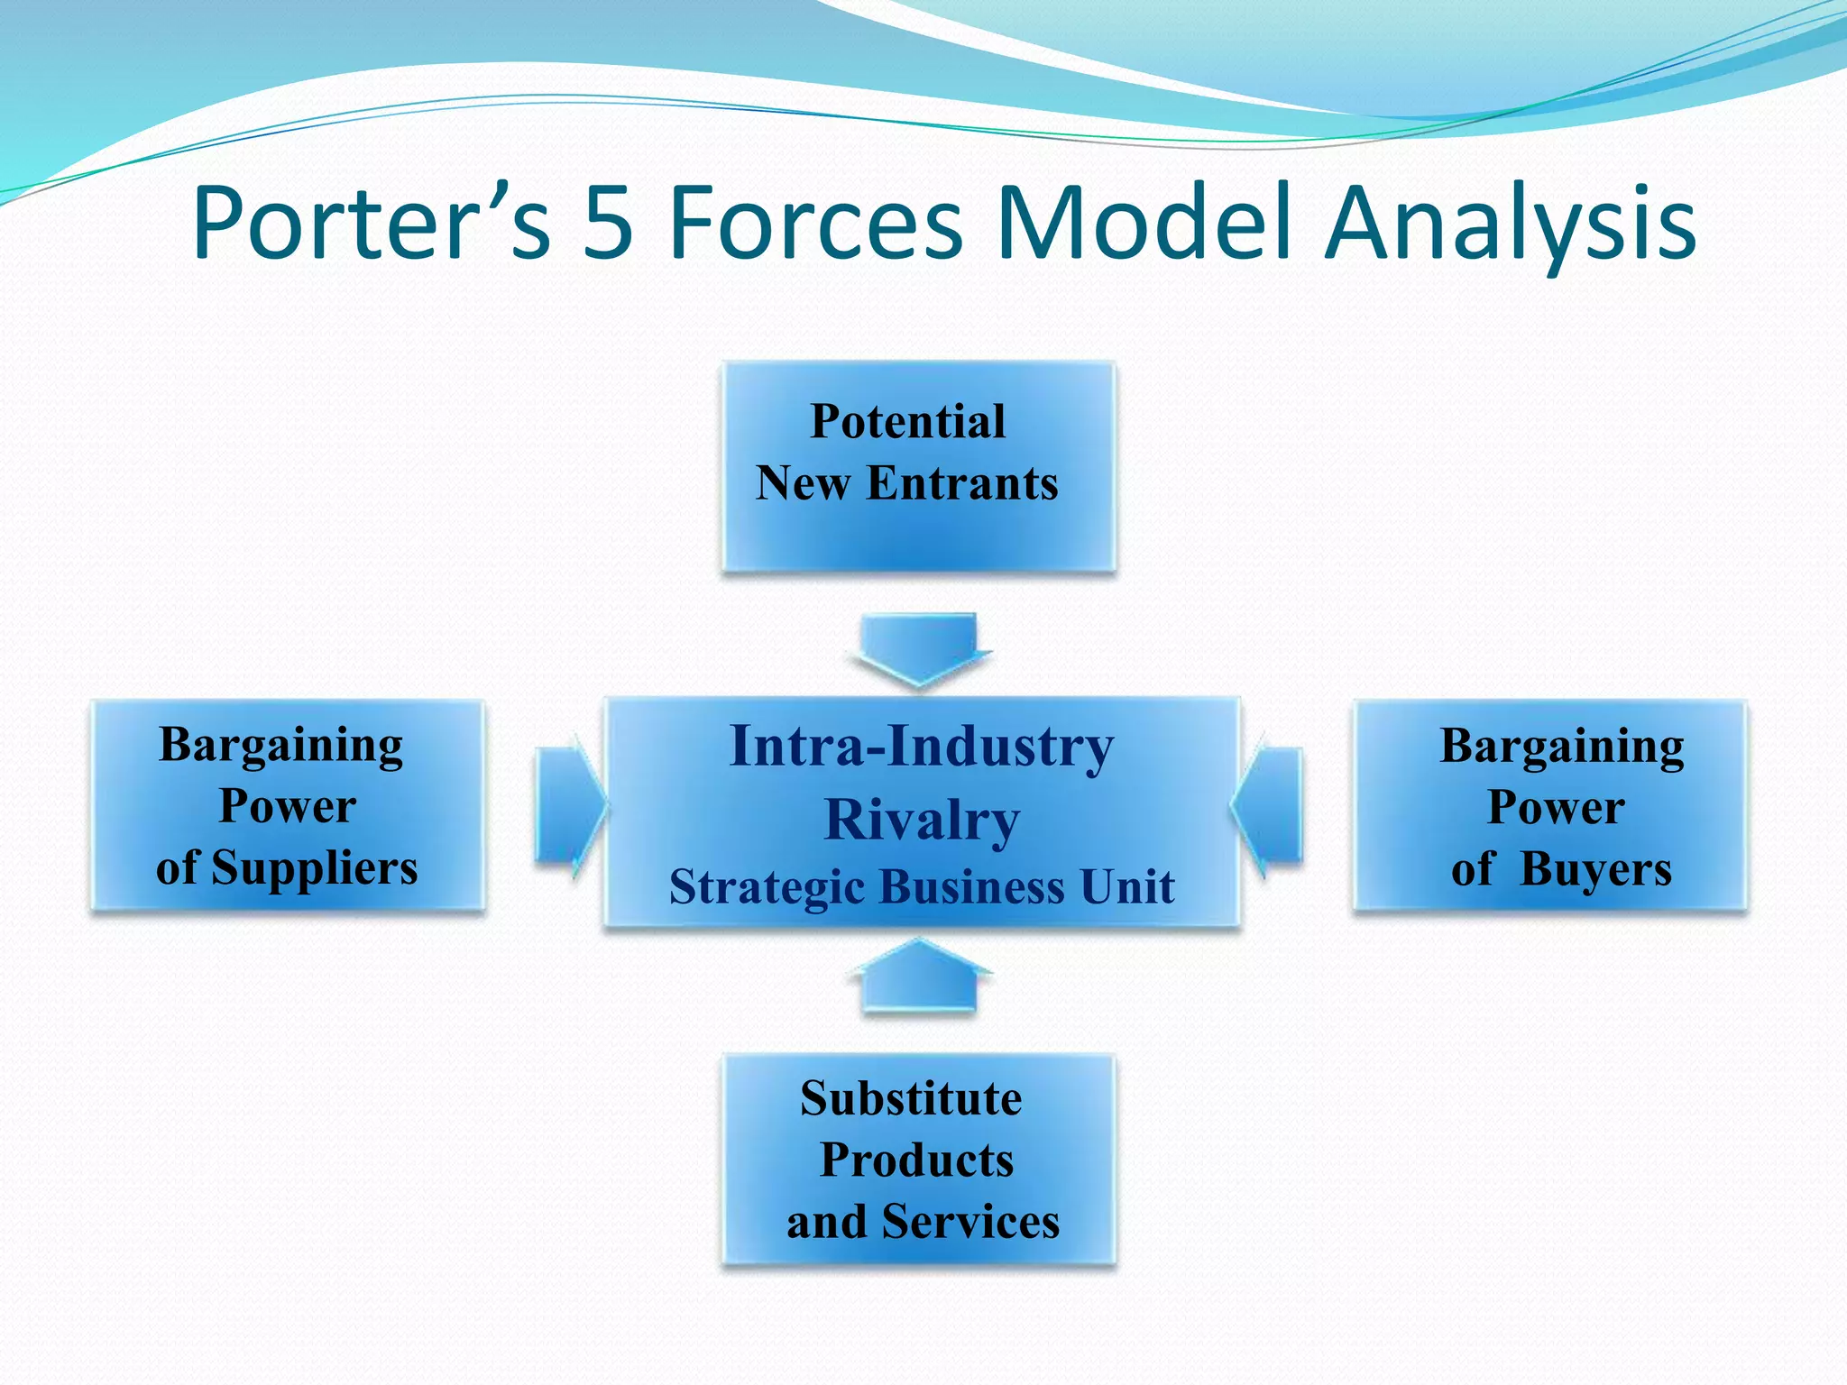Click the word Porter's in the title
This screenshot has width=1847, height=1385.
coord(370,222)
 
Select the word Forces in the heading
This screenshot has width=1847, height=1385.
coord(815,222)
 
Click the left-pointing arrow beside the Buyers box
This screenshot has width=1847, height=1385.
coord(1268,805)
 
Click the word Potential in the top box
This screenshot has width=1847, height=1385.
coord(907,421)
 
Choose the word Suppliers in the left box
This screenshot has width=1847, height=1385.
coord(314,868)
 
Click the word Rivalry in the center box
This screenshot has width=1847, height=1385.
coord(922,820)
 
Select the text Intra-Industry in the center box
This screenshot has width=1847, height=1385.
coord(922,747)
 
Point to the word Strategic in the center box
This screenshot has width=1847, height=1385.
coord(766,887)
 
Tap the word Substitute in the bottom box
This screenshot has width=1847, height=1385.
coord(911,1099)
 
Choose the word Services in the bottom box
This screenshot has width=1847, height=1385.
coord(969,1223)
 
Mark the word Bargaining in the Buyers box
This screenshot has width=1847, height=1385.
coord(1561,747)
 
